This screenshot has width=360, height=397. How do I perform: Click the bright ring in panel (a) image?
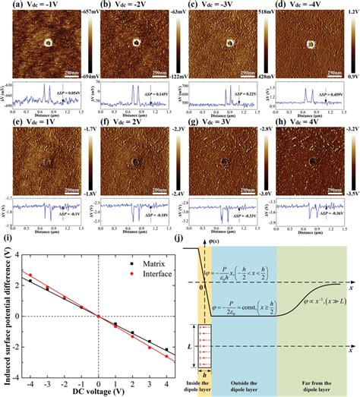click(x=48, y=43)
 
